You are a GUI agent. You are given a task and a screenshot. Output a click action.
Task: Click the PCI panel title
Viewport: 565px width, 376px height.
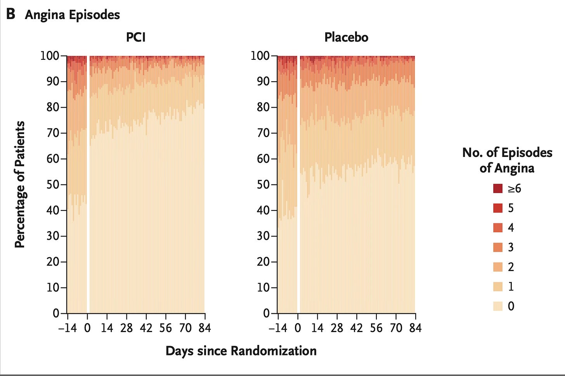(136, 37)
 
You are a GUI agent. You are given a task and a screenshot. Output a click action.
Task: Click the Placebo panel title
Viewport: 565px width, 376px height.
(346, 37)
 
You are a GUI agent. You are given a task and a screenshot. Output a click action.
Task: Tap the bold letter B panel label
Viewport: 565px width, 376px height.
(10, 14)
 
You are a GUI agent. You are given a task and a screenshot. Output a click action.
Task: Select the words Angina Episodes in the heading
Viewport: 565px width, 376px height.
(73, 15)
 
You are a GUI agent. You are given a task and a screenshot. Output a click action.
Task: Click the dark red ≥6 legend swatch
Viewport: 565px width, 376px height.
(497, 188)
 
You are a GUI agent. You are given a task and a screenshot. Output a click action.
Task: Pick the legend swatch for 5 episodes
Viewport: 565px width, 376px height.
(497, 208)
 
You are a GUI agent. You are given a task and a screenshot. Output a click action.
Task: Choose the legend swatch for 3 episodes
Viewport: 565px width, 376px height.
(497, 247)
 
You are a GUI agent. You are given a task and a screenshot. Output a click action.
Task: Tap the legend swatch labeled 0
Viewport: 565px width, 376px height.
(497, 306)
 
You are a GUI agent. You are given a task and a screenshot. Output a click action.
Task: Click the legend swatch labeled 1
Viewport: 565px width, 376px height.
(497, 286)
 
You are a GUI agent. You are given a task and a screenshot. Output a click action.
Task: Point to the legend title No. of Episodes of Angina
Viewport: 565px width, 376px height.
(507, 160)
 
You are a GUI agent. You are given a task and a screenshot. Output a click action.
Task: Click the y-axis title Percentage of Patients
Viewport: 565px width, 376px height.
(20, 185)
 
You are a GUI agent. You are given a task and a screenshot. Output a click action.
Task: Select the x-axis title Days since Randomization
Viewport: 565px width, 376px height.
(241, 351)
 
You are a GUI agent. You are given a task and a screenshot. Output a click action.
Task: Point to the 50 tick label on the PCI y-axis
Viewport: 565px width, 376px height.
(53, 185)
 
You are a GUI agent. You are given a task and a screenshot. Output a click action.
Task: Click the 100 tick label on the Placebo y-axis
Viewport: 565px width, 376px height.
(260, 56)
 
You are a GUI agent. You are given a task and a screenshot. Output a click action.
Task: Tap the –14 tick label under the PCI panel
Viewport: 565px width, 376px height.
(68, 328)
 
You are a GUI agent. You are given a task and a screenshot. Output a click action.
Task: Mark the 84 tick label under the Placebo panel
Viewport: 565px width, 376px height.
(416, 328)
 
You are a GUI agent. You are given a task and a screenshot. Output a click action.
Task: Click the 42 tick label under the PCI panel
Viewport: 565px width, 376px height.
(146, 328)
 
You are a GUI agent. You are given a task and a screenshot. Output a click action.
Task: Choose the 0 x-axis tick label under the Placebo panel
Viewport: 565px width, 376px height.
(298, 328)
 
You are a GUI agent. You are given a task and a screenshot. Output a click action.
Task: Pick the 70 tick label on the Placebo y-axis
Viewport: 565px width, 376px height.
(263, 133)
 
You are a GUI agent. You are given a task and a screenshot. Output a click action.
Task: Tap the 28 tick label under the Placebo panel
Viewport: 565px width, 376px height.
(337, 328)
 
